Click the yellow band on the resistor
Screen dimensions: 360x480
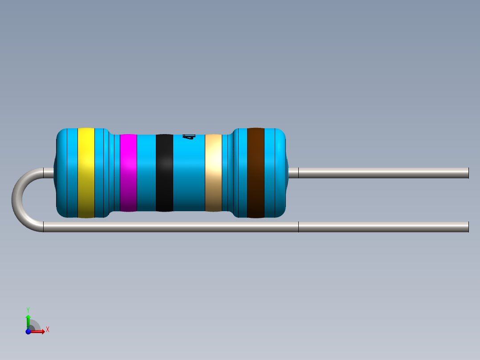[86, 173]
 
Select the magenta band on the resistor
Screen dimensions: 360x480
[128, 173]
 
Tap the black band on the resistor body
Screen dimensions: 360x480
[164, 173]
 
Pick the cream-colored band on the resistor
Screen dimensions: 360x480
[213, 173]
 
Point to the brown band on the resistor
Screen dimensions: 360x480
[256, 173]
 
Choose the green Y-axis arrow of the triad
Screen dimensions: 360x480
[28, 319]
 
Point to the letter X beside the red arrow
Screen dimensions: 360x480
[47, 330]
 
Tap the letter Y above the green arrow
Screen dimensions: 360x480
[28, 309]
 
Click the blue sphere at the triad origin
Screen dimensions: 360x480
[28, 331]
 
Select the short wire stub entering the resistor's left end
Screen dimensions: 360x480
[48, 173]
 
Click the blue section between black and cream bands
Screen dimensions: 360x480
[189, 178]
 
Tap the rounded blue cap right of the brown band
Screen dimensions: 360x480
[275, 173]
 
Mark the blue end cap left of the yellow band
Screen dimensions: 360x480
[67, 173]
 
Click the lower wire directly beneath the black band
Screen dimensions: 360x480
[164, 227]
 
